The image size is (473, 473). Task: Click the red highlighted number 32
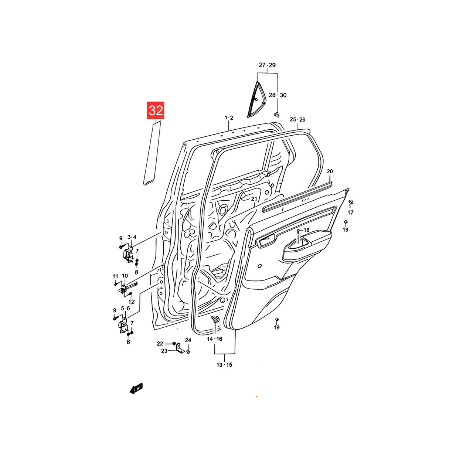tap(155, 110)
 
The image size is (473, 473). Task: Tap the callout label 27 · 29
tap(267, 65)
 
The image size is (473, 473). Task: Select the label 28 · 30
tap(278, 95)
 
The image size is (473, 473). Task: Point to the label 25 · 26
tap(297, 119)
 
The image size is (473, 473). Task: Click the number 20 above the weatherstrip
tap(330, 171)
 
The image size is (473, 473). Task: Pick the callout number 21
tap(254, 199)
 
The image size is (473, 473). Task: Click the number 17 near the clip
tap(351, 212)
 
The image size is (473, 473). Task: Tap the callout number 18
tap(307, 230)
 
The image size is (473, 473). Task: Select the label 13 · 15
tap(224, 365)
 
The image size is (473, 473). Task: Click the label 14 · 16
tap(215, 339)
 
